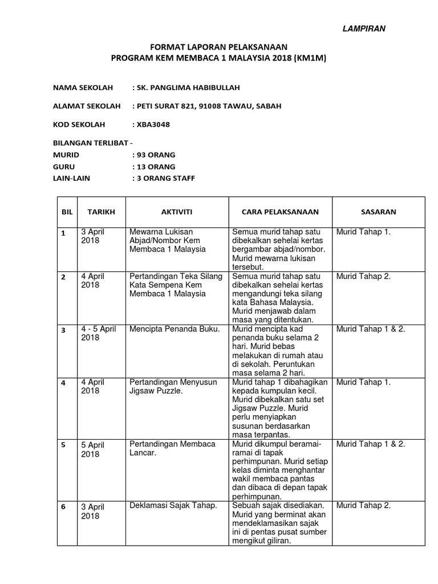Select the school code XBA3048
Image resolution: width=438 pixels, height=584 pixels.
click(x=152, y=125)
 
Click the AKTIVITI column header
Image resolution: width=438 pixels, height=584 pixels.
click(x=176, y=212)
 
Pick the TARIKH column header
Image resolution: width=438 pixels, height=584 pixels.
click(x=101, y=212)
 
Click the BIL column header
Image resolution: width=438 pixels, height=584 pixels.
click(x=67, y=212)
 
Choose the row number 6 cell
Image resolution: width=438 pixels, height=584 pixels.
click(x=64, y=507)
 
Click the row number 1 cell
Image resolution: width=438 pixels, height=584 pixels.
click(x=64, y=233)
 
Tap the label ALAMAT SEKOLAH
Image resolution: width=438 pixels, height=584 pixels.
click(x=87, y=107)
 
